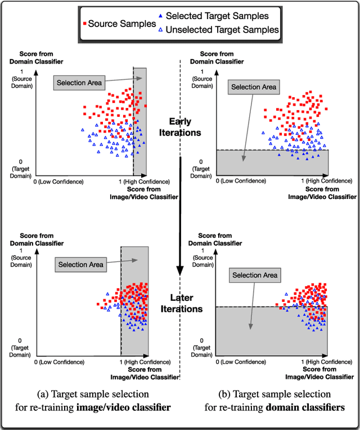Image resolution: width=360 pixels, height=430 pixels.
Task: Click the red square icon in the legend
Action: click(x=84, y=24)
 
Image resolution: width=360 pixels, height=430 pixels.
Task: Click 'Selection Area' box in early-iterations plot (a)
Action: click(x=79, y=83)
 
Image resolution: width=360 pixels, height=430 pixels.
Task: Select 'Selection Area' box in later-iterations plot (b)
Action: click(x=255, y=275)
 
